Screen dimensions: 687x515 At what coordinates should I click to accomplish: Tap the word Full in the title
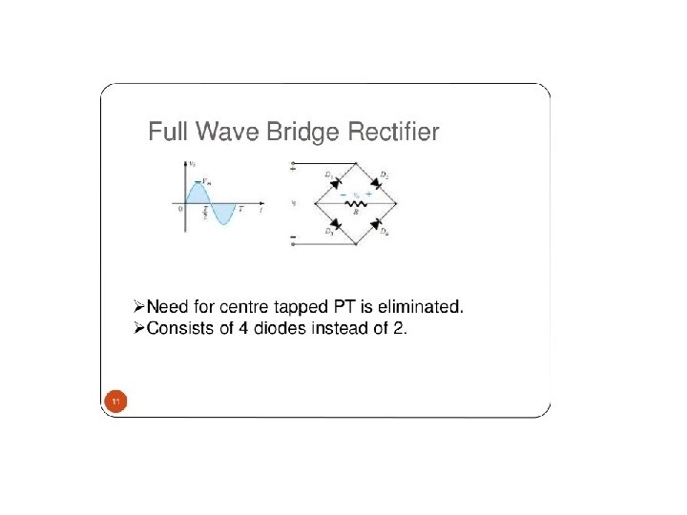coord(168,132)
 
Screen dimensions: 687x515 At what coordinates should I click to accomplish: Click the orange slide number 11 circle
coord(114,403)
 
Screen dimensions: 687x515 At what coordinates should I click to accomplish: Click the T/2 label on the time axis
coord(205,215)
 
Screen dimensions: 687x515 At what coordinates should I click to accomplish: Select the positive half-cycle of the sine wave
coord(196,194)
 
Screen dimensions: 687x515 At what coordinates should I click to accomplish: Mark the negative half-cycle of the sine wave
coord(221,214)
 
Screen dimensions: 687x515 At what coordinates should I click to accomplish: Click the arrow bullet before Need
coord(138,307)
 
